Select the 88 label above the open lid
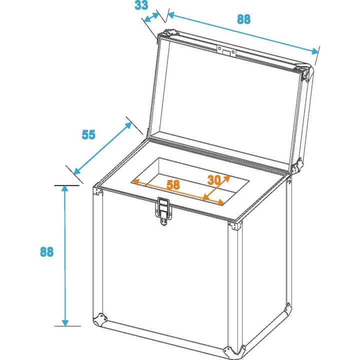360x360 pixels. click(x=243, y=19)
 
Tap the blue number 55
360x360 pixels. click(x=88, y=134)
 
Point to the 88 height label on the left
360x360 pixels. click(x=46, y=251)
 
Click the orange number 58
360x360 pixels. click(x=173, y=184)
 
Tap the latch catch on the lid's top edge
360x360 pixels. click(x=226, y=50)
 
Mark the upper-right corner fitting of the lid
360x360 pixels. click(x=307, y=72)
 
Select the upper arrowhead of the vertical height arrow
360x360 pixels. click(x=64, y=189)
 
